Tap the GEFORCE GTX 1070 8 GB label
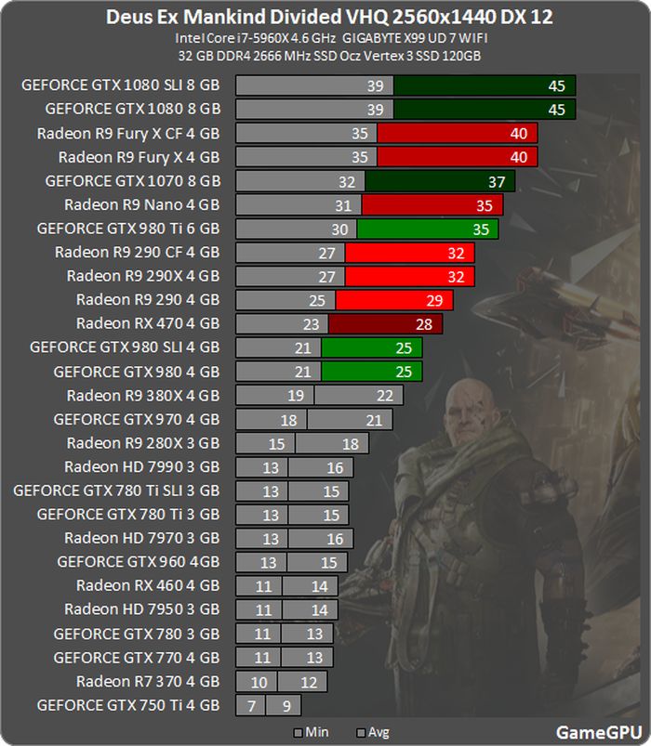pos(132,181)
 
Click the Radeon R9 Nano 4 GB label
pos(141,204)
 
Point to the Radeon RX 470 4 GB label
pos(148,323)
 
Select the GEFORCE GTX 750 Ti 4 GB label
pos(127,705)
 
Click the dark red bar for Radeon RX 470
pos(385,323)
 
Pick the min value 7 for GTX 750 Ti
pos(249,706)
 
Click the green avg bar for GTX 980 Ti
pos(427,229)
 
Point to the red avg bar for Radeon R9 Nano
pos(432,204)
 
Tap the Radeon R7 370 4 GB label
pos(148,681)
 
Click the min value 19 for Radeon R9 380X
pos(296,396)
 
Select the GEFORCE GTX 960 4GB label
pos(138,562)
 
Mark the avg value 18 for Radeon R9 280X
pos(350,443)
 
